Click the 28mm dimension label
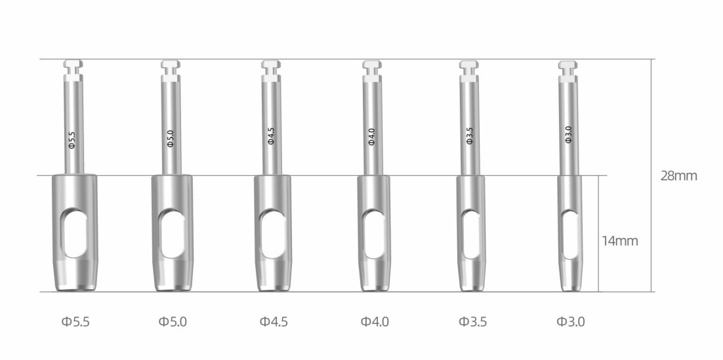coord(679,176)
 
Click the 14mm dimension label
coord(620,241)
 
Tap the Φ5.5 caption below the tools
coord(75,321)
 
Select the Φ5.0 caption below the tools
coord(173,321)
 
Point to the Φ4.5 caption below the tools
coord(274,321)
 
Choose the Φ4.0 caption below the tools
coord(375,321)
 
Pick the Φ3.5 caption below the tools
coord(472,321)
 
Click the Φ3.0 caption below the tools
coord(570,321)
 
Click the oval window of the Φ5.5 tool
coord(75,233)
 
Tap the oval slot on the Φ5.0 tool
coord(173,233)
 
